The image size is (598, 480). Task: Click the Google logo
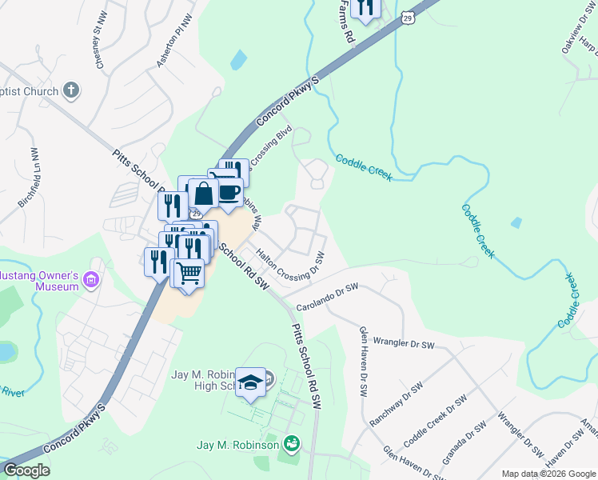(x=26, y=470)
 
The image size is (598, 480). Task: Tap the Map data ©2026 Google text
(x=548, y=474)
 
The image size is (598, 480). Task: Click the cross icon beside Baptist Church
(x=71, y=90)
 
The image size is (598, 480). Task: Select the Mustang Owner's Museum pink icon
(x=90, y=280)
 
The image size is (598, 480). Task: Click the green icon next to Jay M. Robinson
(x=292, y=443)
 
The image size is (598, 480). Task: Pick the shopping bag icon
(x=204, y=194)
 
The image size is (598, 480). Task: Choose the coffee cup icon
(x=229, y=192)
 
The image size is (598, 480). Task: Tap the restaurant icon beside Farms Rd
(x=365, y=8)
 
